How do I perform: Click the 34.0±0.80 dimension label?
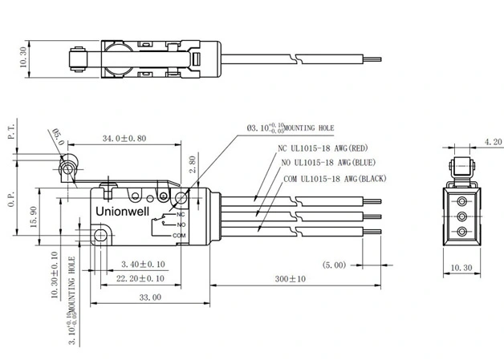[124, 139]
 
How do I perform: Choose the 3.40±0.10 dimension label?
[143, 264]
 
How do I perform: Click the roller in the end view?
[461, 167]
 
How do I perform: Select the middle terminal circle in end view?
[461, 215]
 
